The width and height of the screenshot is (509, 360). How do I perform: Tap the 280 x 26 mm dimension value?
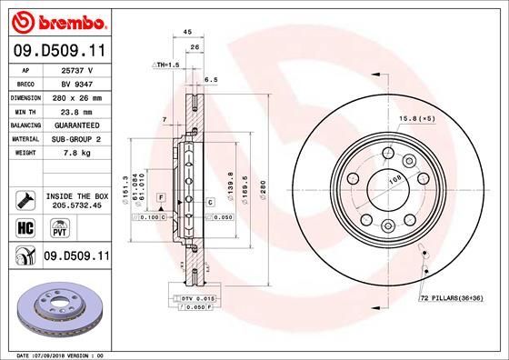76,96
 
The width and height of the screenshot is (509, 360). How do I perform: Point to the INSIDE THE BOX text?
76,195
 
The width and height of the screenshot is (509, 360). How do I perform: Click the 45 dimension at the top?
187,32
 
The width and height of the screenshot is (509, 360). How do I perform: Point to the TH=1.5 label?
165,66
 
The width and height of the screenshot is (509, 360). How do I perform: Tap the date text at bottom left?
56,355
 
